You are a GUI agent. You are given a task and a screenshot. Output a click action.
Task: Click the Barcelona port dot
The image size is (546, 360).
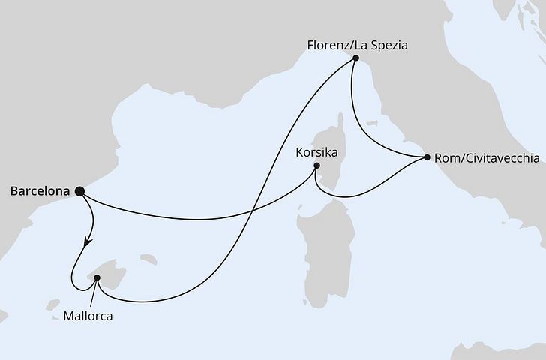click(80, 191)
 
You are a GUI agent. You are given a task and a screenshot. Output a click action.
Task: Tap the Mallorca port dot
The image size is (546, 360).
click(97, 278)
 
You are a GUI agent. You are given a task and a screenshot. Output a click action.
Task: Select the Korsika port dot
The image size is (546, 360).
click(316, 166)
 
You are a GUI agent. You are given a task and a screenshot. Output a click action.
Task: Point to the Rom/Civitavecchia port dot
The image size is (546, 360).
click(427, 158)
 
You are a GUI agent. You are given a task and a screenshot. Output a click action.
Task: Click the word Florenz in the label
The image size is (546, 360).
click(327, 44)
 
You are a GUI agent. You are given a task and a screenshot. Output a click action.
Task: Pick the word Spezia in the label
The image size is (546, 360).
click(388, 44)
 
